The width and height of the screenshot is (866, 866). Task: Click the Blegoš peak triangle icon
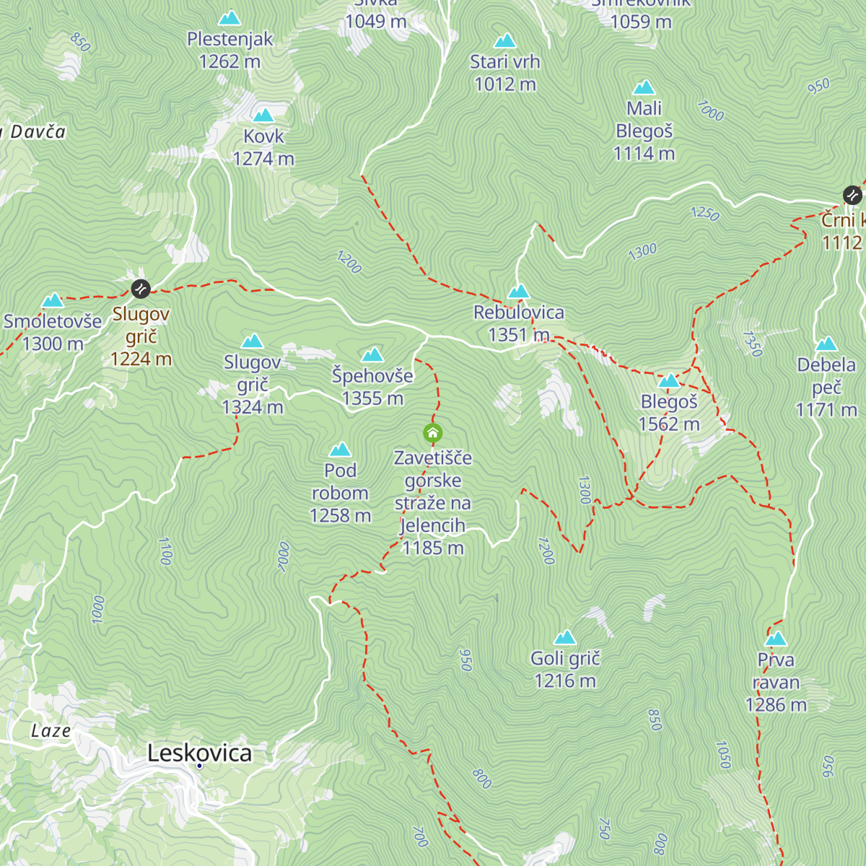click(669, 380)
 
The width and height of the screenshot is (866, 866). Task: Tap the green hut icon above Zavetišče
click(432, 433)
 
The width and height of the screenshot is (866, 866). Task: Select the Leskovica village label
click(200, 753)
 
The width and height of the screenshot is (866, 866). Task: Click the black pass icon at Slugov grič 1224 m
click(141, 289)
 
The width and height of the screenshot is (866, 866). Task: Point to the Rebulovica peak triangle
click(519, 292)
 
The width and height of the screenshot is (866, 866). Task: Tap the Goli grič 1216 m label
click(565, 670)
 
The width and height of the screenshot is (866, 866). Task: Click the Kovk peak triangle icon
click(263, 115)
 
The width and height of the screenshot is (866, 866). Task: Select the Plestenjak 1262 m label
click(229, 51)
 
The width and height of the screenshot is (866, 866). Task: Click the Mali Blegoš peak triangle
click(644, 88)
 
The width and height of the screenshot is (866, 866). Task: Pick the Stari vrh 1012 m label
click(505, 73)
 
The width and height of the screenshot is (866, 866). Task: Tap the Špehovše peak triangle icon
click(372, 354)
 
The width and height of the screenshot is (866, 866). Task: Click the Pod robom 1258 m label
click(340, 493)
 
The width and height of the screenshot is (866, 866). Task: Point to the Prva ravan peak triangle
click(776, 639)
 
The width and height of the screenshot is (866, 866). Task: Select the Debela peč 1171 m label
click(826, 387)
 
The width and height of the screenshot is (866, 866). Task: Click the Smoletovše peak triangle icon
click(52, 301)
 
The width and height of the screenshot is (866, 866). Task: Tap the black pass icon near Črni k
click(852, 195)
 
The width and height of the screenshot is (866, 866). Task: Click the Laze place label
click(51, 731)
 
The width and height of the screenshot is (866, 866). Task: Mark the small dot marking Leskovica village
click(199, 766)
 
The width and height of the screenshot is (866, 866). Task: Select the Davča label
click(36, 131)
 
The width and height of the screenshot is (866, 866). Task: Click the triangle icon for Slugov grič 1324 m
click(253, 341)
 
